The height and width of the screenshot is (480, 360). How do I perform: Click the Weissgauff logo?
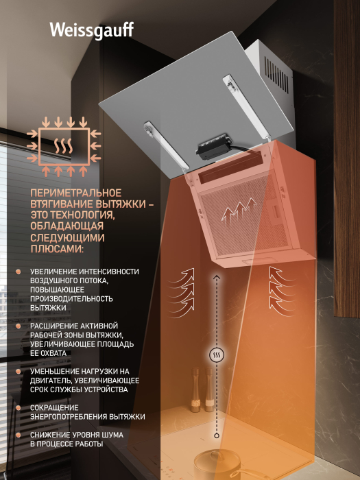(91, 31)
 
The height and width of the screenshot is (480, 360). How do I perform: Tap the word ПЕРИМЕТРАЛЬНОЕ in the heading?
(76, 193)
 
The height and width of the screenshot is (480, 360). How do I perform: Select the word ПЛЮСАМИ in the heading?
(57, 249)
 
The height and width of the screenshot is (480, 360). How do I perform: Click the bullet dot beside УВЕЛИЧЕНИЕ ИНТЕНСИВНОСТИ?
(19, 272)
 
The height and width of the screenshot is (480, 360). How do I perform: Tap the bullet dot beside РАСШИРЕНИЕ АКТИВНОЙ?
(19, 326)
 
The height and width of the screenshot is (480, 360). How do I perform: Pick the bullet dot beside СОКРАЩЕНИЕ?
(19, 408)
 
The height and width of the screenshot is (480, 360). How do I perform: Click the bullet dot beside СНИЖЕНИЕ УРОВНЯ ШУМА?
(19, 435)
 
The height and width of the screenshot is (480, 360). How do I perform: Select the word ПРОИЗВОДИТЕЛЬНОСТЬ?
(71, 299)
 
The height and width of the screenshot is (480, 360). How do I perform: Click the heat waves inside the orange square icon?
(64, 145)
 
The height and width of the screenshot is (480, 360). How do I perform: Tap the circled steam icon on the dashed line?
(217, 355)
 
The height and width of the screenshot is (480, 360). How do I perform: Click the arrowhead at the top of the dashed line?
(217, 277)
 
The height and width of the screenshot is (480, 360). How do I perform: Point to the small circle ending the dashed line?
(217, 435)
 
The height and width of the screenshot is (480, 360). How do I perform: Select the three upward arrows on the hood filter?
(239, 211)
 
